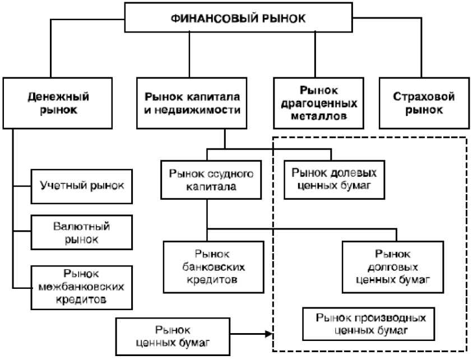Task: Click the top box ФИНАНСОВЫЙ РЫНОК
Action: point(237,17)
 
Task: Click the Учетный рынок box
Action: point(82,185)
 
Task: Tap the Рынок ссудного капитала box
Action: point(208,180)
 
